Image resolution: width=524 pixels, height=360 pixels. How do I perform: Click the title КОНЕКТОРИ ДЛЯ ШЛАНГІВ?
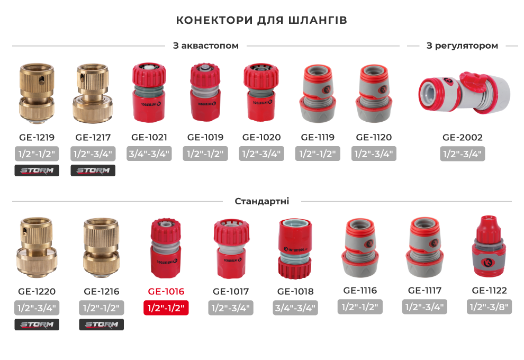(261, 20)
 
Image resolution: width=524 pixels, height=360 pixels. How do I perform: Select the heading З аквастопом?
(205, 46)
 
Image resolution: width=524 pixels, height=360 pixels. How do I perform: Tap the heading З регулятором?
(462, 46)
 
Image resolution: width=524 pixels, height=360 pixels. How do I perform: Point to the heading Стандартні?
(261, 201)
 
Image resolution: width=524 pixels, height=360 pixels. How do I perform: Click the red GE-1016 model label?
(166, 292)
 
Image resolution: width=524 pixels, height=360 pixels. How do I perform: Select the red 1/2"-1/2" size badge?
(166, 308)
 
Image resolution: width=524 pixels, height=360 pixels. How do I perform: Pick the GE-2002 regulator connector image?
(465, 93)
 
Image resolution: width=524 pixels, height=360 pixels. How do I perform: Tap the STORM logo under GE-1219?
(37, 170)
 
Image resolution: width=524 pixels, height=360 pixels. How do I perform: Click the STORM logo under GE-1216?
(101, 325)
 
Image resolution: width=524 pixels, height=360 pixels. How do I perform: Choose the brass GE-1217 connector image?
(93, 93)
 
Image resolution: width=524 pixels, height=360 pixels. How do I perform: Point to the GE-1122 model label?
(489, 291)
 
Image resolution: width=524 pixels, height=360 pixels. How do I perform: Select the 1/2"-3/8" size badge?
(489, 307)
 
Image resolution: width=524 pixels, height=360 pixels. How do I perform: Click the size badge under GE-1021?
(149, 154)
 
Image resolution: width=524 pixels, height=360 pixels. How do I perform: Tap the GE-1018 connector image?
(295, 249)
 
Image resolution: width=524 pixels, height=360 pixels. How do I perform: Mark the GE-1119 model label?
(318, 137)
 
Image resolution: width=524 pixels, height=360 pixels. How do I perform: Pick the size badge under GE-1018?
(295, 308)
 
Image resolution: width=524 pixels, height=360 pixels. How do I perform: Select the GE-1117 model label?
(424, 291)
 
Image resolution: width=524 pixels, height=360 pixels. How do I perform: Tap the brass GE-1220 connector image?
(37, 248)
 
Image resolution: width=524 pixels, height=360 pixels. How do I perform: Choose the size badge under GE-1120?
(374, 154)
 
